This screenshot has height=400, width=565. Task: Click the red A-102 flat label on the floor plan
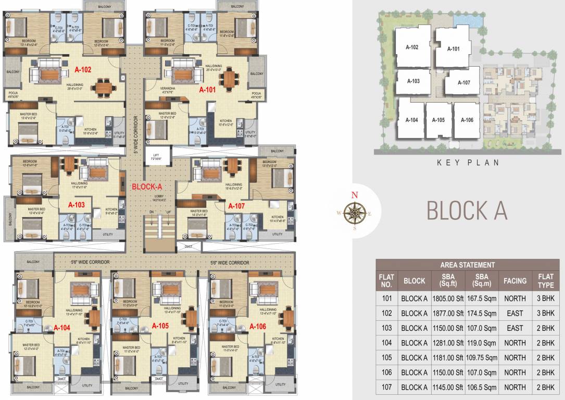[x=83, y=69]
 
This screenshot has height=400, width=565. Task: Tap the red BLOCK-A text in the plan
[x=147, y=186]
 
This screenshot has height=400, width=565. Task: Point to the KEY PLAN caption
[x=468, y=162]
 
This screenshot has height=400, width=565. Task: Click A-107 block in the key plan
[x=464, y=83]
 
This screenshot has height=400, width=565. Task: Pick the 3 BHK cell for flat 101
[x=545, y=298]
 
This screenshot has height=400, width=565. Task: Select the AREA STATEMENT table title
[x=467, y=265]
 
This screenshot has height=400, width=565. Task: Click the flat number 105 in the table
[x=386, y=358]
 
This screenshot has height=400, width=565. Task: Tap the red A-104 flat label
[x=62, y=328]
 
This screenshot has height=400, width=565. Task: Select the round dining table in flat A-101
[x=229, y=79]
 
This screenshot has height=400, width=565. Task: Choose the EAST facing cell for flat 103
[x=514, y=328]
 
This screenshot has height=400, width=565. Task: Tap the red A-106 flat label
[x=258, y=327]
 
